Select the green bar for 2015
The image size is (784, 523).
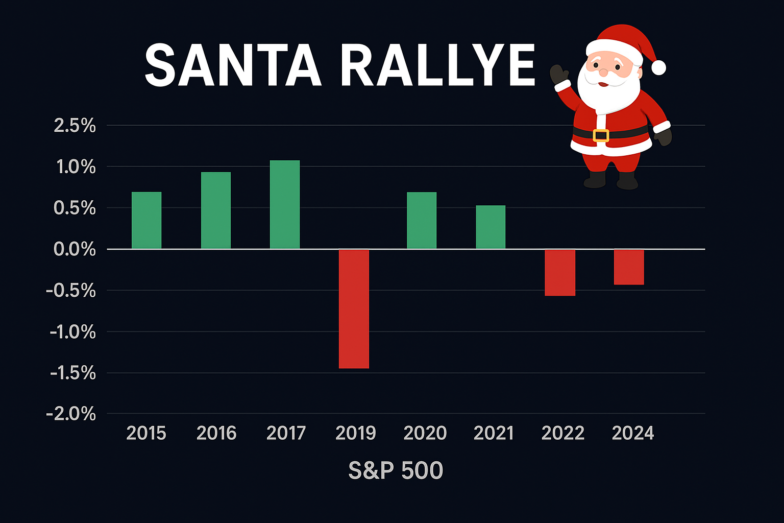(x=146, y=221)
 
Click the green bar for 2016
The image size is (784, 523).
(x=216, y=210)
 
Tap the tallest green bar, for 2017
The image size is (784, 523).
(x=285, y=205)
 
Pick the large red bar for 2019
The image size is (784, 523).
(x=354, y=308)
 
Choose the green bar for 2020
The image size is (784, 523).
(x=422, y=221)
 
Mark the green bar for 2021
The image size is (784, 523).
(x=491, y=227)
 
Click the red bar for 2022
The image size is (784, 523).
(x=560, y=272)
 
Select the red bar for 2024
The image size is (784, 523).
(x=629, y=267)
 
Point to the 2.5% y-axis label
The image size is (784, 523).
(x=75, y=126)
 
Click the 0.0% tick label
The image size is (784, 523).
(x=75, y=249)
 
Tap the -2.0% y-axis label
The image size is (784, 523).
(x=71, y=414)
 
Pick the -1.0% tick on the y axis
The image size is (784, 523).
(x=73, y=332)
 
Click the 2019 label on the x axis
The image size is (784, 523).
(x=356, y=433)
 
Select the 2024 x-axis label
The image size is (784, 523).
(x=633, y=433)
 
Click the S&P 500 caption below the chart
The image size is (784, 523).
(x=396, y=470)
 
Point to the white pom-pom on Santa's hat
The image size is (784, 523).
(x=658, y=67)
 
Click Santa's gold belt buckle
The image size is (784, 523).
(x=601, y=135)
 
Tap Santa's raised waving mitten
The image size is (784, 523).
(x=559, y=75)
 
